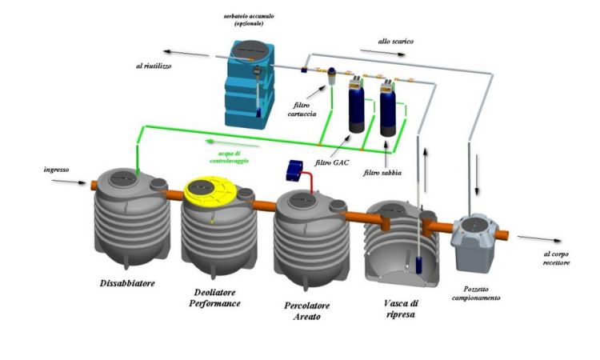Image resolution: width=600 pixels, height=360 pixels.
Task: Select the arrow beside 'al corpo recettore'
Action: coord(533,237)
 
